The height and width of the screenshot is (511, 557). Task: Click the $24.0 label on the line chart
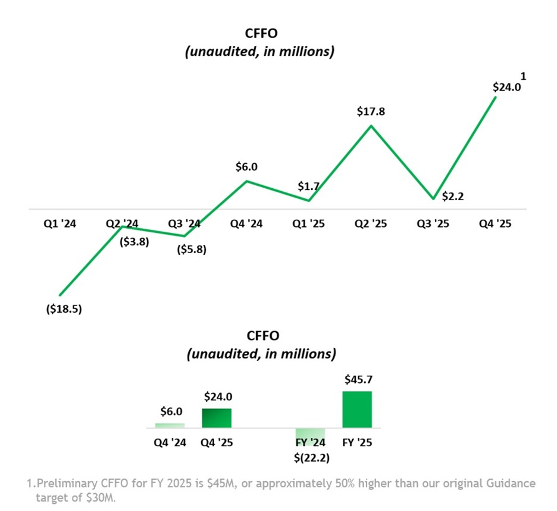(x=507, y=87)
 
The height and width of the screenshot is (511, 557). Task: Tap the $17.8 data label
(x=371, y=111)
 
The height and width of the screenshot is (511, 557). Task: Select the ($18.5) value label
(x=63, y=310)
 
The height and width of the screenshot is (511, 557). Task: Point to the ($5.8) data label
(x=192, y=250)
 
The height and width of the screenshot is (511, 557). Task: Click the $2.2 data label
(x=453, y=197)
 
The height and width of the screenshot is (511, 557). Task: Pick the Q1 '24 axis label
(x=60, y=225)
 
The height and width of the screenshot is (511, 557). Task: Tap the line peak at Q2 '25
(x=371, y=126)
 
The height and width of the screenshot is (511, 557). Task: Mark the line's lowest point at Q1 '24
(x=60, y=295)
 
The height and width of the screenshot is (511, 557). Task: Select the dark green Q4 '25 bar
(x=217, y=418)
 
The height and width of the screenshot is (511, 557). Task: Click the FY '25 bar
(x=357, y=410)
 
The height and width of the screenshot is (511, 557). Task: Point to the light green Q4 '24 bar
(x=170, y=425)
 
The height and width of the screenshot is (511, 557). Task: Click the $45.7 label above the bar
(x=357, y=379)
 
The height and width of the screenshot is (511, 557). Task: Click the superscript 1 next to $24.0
(x=524, y=76)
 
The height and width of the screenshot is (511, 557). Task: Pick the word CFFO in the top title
(x=259, y=34)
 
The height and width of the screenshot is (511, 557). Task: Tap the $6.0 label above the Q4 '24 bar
(x=171, y=412)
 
